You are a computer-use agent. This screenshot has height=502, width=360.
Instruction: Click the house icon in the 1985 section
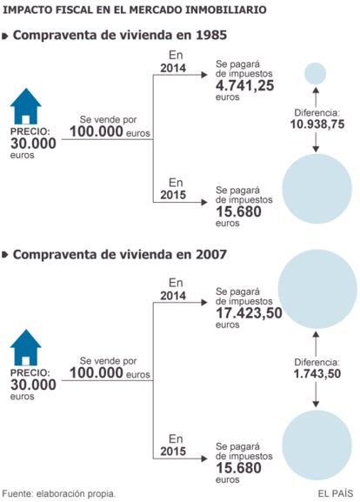click(x=25, y=106)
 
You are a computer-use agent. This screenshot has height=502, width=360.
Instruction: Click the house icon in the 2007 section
click(x=25, y=347)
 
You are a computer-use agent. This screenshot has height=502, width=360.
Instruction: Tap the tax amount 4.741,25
click(x=245, y=85)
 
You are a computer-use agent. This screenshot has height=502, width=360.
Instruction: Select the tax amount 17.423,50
click(x=249, y=313)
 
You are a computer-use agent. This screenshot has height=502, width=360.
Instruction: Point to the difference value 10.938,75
click(x=317, y=124)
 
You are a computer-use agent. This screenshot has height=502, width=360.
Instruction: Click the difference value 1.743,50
click(x=317, y=373)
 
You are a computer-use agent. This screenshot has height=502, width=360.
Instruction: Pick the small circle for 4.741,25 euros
click(x=315, y=73)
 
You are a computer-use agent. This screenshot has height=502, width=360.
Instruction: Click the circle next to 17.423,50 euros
click(x=317, y=290)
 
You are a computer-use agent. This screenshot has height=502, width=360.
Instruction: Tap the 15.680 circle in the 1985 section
click(x=317, y=189)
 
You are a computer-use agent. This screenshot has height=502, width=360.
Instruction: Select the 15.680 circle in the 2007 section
click(x=317, y=445)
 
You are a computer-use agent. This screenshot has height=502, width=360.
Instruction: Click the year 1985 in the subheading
click(x=211, y=35)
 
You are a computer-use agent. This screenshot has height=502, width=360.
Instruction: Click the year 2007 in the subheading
click(x=211, y=255)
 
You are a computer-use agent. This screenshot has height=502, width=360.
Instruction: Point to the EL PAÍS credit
click(x=335, y=493)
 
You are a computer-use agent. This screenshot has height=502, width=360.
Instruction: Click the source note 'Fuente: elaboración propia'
click(x=59, y=493)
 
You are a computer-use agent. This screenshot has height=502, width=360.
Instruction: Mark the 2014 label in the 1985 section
click(x=173, y=68)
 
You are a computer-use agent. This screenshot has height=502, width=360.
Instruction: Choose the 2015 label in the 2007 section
click(x=173, y=451)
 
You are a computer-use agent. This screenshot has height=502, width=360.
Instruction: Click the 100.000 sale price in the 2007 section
click(x=97, y=372)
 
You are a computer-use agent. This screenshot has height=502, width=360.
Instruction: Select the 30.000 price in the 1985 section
click(x=33, y=144)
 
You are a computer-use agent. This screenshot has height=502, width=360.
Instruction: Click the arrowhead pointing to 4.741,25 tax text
click(x=204, y=75)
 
